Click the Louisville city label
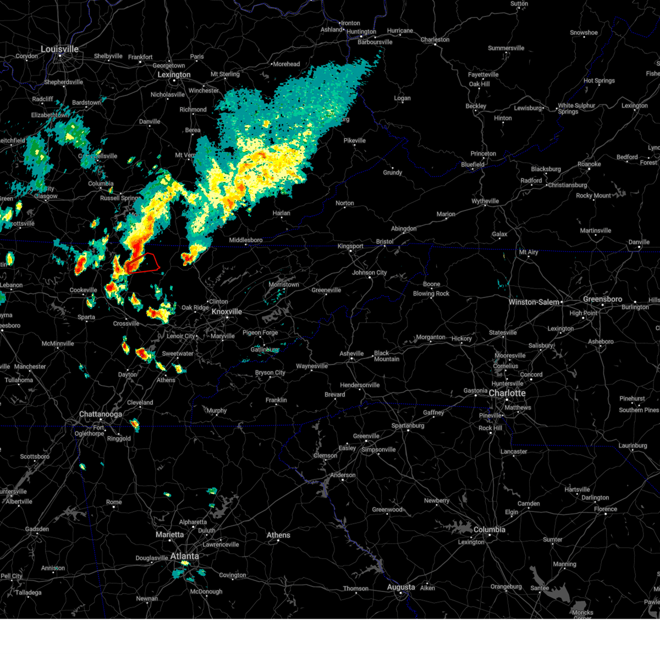pyautogui.click(x=59, y=50)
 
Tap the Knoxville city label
pyautogui.click(x=227, y=312)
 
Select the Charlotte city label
pyautogui.click(x=507, y=393)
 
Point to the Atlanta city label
pyautogui.click(x=184, y=556)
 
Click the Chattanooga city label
pyautogui.click(x=100, y=414)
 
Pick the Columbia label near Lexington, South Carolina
pyautogui.click(x=489, y=530)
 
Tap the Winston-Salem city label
pyautogui.click(x=534, y=302)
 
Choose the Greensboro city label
pyautogui.click(x=602, y=299)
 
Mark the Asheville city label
pyautogui.click(x=351, y=354)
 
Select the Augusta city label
pyautogui.click(x=401, y=587)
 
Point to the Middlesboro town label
pyautogui.click(x=246, y=240)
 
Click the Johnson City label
pyautogui.click(x=369, y=272)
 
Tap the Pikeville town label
pyautogui.click(x=354, y=140)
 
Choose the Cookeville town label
pyautogui.click(x=83, y=290)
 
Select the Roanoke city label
pyautogui.click(x=589, y=164)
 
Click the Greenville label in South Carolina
pyautogui.click(x=366, y=436)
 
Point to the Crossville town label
pyautogui.click(x=126, y=323)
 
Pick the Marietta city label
pyautogui.click(x=169, y=535)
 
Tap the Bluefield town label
pyautogui.click(x=472, y=164)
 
